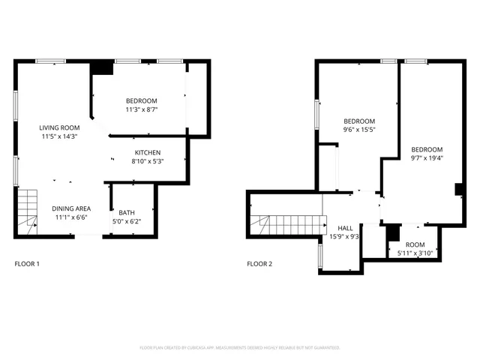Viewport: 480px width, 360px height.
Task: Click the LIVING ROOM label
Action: [59, 127]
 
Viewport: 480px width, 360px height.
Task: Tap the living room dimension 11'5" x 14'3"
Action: [59, 136]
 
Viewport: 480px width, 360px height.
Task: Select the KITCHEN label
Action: [148, 152]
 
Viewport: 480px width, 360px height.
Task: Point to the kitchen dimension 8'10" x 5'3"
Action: [148, 161]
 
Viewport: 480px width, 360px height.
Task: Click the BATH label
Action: [126, 212]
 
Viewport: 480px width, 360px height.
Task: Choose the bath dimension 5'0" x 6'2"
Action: [126, 221]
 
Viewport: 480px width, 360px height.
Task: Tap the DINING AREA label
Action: [71, 208]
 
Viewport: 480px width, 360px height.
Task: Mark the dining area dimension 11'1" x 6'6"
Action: [71, 217]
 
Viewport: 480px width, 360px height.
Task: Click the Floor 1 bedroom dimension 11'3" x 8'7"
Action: [141, 109]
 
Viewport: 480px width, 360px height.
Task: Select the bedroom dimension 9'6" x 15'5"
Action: [358, 130]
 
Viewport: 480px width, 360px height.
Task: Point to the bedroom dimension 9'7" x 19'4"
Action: [427, 157]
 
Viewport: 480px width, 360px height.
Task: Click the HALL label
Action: [345, 228]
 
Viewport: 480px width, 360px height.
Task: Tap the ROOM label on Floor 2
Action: [415, 245]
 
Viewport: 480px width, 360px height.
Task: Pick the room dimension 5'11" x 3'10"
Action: [415, 253]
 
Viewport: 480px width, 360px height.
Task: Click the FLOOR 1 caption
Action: [27, 264]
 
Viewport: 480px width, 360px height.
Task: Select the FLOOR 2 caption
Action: [260, 264]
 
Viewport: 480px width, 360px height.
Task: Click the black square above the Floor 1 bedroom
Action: [100, 68]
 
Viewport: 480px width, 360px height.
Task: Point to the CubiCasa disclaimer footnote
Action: [240, 348]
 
